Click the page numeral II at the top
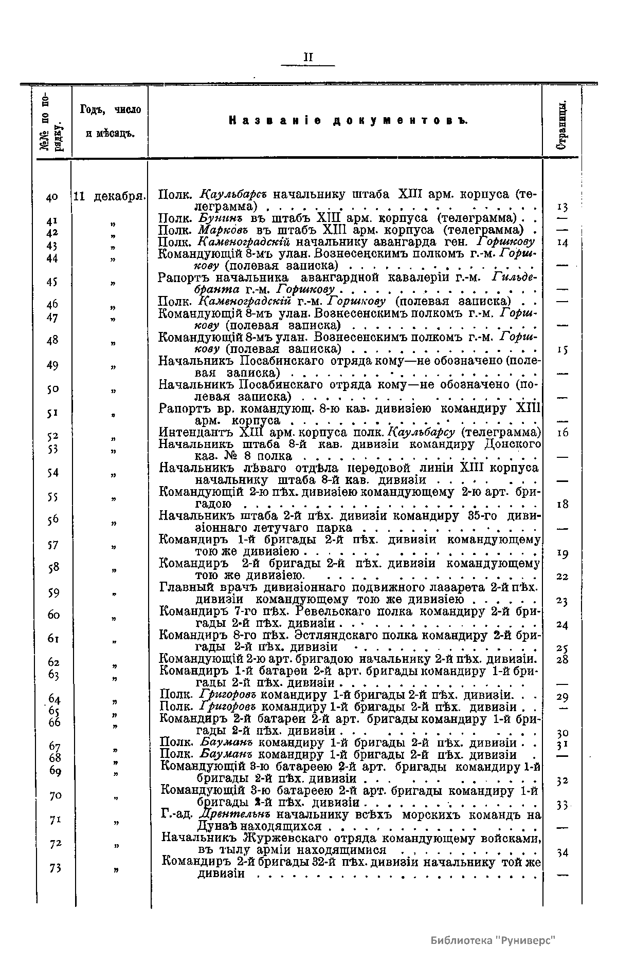click(x=308, y=57)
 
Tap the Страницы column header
click(x=562, y=122)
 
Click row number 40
click(x=51, y=197)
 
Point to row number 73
click(x=55, y=868)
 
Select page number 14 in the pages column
click(x=562, y=244)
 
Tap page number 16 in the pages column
click(x=562, y=433)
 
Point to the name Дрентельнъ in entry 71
click(x=234, y=815)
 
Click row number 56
click(x=53, y=521)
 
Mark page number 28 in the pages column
click(x=562, y=659)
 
